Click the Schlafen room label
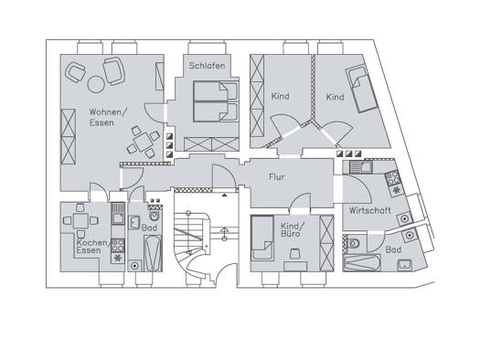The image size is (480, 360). [207, 66]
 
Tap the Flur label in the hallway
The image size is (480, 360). [277, 176]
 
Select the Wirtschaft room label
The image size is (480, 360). [369, 211]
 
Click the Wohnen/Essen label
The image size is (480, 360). [108, 117]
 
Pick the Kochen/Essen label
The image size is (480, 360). [91, 247]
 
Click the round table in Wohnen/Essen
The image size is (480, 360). [96, 84]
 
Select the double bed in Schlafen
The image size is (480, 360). [216, 101]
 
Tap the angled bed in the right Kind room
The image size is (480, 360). [361, 89]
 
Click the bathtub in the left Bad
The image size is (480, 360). [153, 253]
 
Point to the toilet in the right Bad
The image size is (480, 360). [353, 244]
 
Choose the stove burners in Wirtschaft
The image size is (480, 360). [392, 178]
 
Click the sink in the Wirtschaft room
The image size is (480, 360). [361, 167]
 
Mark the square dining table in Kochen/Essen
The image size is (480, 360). [80, 220]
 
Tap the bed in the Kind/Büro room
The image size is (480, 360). [262, 238]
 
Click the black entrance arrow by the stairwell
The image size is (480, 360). [225, 195]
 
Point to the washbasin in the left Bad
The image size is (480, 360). [133, 222]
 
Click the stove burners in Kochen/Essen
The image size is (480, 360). [118, 246]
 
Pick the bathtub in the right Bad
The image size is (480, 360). [362, 262]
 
